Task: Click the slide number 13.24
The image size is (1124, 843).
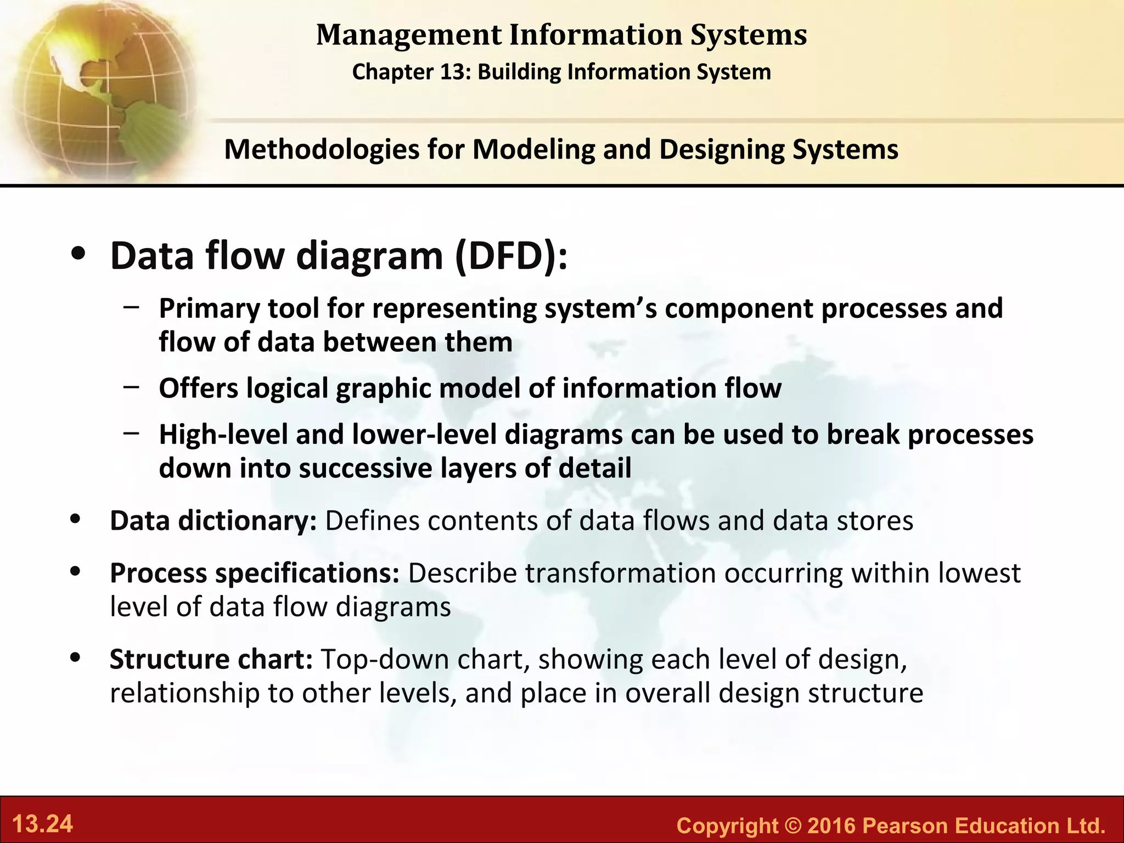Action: click(x=42, y=824)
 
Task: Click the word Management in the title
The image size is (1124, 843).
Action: click(x=409, y=35)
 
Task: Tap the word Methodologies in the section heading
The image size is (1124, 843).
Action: click(x=322, y=149)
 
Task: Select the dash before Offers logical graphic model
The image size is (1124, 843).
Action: click(x=131, y=386)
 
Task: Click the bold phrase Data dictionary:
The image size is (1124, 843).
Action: click(x=213, y=521)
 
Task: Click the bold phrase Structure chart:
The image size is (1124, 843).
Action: click(x=211, y=659)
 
